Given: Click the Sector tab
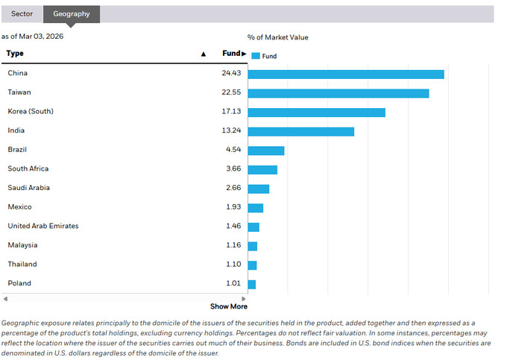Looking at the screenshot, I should tap(22, 13).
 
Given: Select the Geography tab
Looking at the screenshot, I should tap(71, 13).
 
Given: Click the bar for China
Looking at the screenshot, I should tap(346, 74).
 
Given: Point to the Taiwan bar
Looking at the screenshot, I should tap(338, 93).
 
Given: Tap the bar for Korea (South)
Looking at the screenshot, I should tap(316, 112).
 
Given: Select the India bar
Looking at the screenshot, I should tap(300, 131).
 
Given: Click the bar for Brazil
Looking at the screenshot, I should tap(266, 151).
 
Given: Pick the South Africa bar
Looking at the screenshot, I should tap(262, 169).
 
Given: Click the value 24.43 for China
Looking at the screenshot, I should tap(231, 73).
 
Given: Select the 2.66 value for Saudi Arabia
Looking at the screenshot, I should tap(233, 188).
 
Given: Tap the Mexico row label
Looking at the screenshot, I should tap(20, 206).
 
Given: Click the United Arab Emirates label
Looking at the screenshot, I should tap(42, 226).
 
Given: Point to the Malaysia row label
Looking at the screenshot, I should tap(22, 245).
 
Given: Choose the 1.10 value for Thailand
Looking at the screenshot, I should tap(233, 264).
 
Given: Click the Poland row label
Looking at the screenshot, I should tap(19, 283).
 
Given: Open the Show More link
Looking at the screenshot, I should tap(228, 306).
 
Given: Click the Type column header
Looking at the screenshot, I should tap(15, 54).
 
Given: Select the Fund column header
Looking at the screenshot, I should tap(232, 54).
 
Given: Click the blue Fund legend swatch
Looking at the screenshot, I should tap(256, 56).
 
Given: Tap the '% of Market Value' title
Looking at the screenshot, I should tap(277, 37).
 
